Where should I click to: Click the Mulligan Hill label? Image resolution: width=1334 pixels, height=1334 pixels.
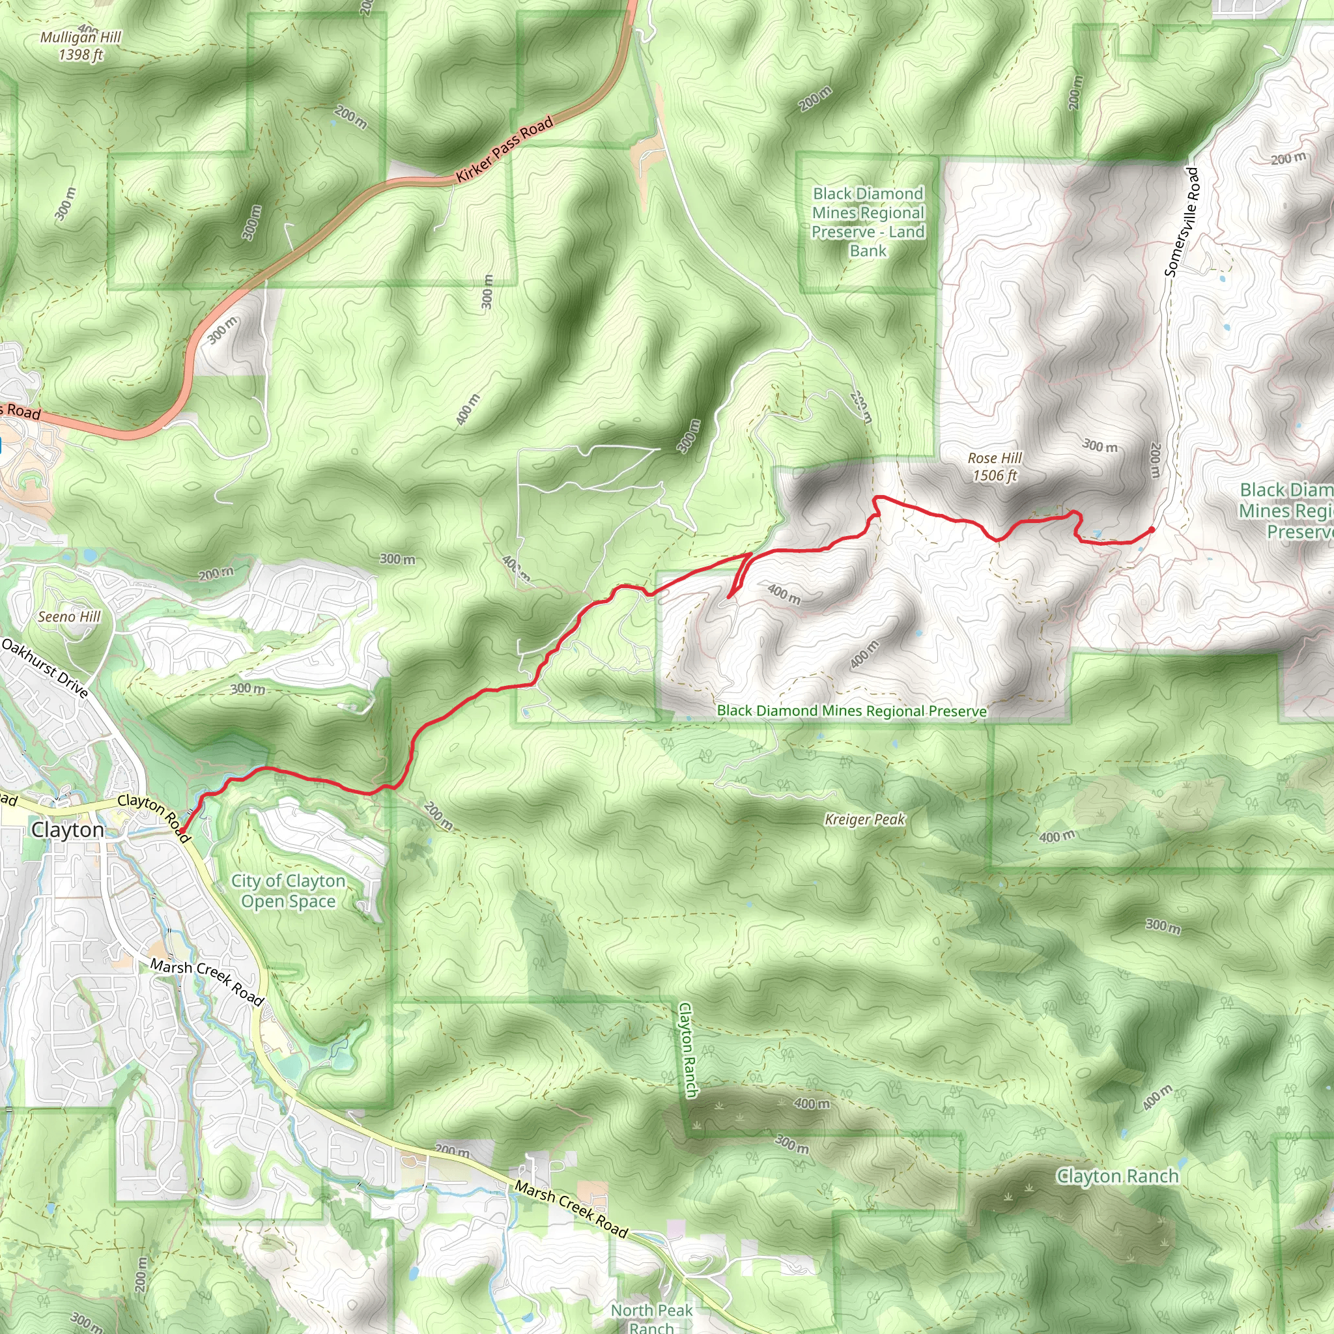coord(81,46)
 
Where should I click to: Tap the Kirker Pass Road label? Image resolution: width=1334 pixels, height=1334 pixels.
coord(505,149)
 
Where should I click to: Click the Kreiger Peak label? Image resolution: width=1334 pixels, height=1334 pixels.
coord(864,819)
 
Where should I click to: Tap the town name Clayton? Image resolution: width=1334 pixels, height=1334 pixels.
coord(68,830)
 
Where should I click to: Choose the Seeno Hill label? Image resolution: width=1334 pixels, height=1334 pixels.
coord(69,617)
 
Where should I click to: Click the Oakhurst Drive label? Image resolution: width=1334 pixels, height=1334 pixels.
coord(45,668)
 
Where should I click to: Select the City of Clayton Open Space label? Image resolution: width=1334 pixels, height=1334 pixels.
coord(288,890)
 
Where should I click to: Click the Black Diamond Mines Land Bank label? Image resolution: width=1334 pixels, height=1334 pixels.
coord(868,222)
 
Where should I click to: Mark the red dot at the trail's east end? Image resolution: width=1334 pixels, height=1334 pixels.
coord(1152,530)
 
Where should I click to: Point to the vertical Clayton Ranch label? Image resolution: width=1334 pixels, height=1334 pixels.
coord(687,1049)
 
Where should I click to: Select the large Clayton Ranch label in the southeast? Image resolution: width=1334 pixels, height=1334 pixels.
coord(1117,1176)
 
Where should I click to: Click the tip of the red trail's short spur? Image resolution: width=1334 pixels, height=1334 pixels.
coord(729,596)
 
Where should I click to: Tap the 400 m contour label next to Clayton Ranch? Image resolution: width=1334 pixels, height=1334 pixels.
coord(812,1103)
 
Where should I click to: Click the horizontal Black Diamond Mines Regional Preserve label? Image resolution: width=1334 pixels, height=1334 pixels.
coord(851,711)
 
